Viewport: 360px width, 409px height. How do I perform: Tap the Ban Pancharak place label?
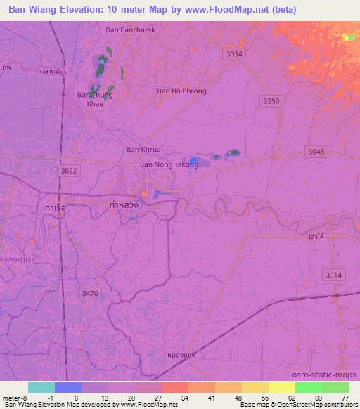(129, 30)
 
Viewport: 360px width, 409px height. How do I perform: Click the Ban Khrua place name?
(143, 149)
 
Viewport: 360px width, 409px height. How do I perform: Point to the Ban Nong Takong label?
(169, 164)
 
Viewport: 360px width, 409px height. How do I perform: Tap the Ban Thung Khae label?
(95, 99)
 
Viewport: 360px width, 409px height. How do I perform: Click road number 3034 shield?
(235, 54)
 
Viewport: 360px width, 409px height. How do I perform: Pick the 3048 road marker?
(317, 152)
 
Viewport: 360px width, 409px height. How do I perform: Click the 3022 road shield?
(69, 170)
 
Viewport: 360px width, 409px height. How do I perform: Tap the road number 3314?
(333, 275)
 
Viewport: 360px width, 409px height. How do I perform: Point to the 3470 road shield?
(91, 293)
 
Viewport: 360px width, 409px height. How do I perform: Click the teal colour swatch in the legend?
(41, 387)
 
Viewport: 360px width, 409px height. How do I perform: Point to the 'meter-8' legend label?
(15, 397)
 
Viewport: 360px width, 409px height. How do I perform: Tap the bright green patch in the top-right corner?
(349, 37)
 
